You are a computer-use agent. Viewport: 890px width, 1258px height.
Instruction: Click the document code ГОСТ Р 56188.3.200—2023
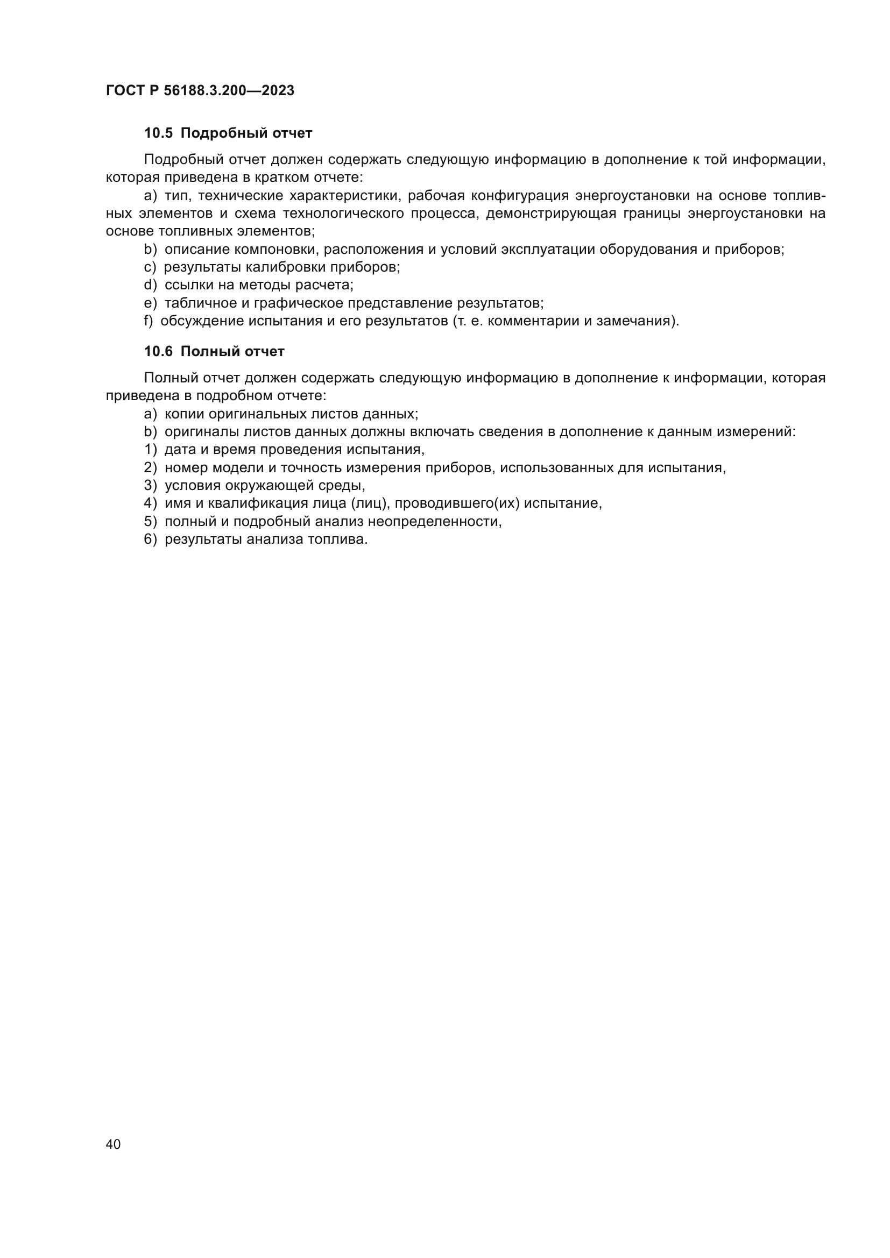tap(200, 90)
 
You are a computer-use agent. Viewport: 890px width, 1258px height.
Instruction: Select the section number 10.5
tap(158, 133)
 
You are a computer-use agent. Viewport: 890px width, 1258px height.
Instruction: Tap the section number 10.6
tap(158, 351)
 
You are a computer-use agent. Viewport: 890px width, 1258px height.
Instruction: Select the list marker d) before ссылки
tap(150, 285)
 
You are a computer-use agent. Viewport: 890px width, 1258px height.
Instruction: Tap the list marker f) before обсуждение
tap(149, 321)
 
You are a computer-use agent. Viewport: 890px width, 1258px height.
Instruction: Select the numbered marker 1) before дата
tap(150, 450)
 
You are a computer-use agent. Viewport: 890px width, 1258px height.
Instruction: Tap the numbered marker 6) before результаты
tap(150, 539)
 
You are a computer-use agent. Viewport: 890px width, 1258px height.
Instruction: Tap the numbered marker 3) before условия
tap(150, 486)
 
